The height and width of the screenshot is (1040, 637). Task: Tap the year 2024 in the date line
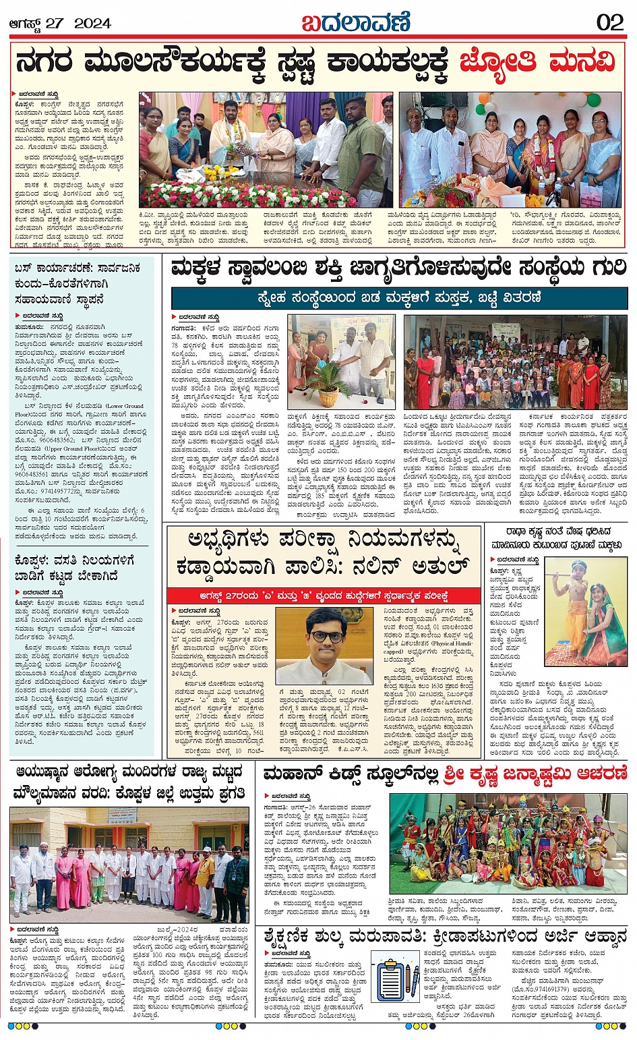(x=92, y=23)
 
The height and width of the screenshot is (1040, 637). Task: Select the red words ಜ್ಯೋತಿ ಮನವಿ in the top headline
(x=538, y=63)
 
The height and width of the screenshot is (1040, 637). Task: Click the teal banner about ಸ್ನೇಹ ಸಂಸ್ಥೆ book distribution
(x=399, y=298)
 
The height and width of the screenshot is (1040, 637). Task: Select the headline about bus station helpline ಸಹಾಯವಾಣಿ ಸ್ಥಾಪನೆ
(x=77, y=283)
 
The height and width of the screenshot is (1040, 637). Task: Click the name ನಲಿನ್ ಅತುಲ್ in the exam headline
(x=418, y=565)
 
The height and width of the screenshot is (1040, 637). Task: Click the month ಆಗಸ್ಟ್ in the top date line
(x=25, y=23)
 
